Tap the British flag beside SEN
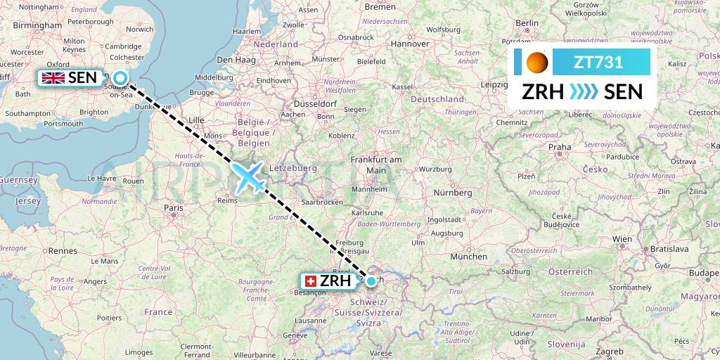tap(53, 78)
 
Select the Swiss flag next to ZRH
tap(309, 281)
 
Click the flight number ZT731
tap(598, 62)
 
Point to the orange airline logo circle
tap(537, 63)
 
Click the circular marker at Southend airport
tap(120, 78)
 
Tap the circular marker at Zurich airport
tap(371, 281)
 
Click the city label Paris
tap(173, 207)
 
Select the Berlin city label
tap(527, 22)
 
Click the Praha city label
tap(560, 147)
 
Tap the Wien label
tap(621, 239)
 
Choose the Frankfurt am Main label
tap(376, 165)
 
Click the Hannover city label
tap(410, 44)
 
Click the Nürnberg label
tap(453, 192)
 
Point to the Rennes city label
tap(62, 250)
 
